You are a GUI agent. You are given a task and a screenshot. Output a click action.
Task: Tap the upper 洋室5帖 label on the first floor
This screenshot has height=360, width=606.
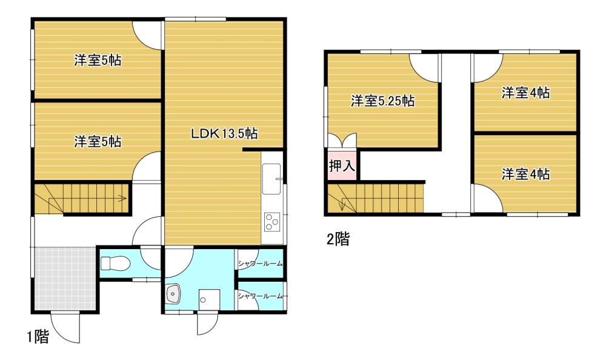click(98, 61)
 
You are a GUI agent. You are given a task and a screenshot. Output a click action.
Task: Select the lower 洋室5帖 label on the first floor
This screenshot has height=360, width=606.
click(98, 142)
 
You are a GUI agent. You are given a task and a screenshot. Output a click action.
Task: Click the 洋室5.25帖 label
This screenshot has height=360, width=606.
click(382, 101)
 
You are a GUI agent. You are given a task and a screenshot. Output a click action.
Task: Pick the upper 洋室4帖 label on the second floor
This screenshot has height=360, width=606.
click(525, 93)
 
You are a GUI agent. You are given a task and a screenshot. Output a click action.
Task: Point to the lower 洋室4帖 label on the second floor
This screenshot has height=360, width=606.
click(525, 175)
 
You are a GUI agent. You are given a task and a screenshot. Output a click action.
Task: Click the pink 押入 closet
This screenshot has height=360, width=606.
click(341, 165)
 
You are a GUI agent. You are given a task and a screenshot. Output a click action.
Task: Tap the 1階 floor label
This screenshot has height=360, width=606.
click(37, 337)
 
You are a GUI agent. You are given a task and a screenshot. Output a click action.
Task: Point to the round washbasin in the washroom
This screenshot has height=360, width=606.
click(173, 294)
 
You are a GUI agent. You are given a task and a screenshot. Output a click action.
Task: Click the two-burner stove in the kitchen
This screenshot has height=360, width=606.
click(271, 222)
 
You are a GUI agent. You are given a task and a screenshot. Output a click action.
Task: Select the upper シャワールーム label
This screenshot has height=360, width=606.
click(260, 262)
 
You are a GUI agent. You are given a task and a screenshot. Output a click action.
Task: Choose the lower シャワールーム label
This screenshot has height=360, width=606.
click(260, 296)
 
